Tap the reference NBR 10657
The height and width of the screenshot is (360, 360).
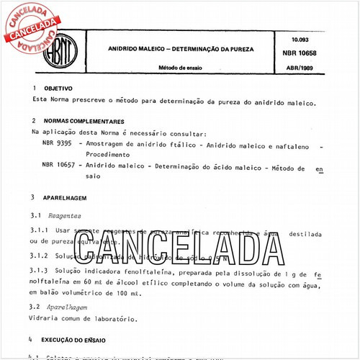(60, 165)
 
